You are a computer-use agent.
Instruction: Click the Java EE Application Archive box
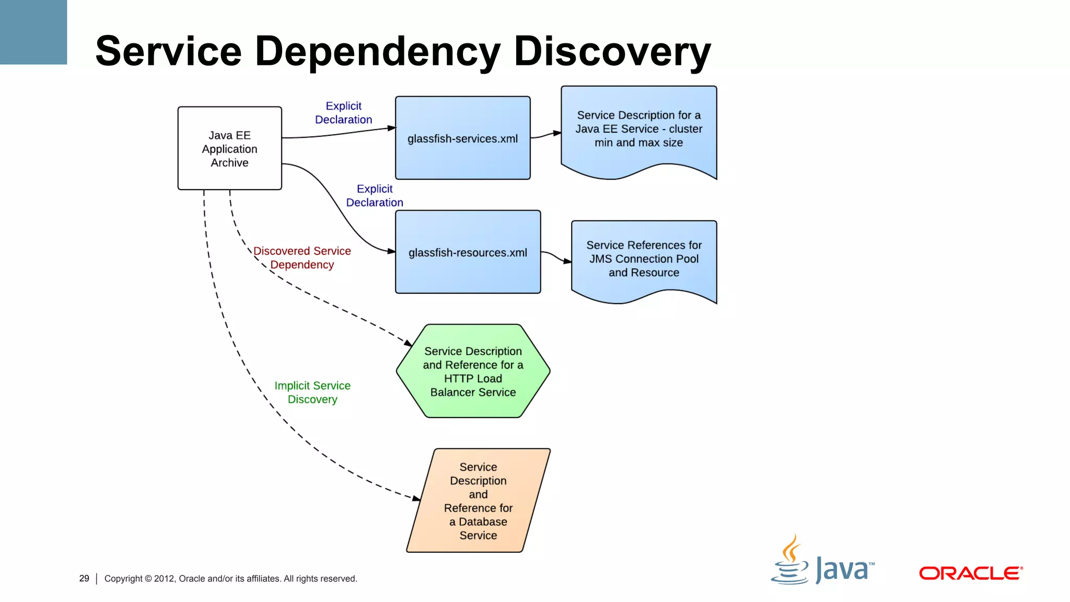[x=229, y=148]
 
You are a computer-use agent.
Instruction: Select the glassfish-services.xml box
[x=462, y=138]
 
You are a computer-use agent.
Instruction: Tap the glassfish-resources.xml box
[x=468, y=252]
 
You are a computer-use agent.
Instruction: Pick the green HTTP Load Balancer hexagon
[x=473, y=371]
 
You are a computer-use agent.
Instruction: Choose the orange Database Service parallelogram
[x=478, y=500]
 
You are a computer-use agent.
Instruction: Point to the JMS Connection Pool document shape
[x=644, y=259]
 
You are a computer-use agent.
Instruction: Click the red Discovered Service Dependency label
[x=302, y=258]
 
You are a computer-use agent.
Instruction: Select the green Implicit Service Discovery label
[x=312, y=392]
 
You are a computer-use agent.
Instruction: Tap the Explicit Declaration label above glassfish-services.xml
[x=343, y=113]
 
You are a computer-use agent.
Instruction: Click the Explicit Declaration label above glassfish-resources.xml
[x=375, y=195]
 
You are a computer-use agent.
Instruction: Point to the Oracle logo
[x=970, y=573]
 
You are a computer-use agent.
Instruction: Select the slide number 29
[x=84, y=578]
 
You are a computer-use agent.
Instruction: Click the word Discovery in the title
[x=612, y=51]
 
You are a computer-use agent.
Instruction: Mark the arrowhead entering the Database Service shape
[x=416, y=499]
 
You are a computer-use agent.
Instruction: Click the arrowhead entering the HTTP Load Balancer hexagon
[x=408, y=343]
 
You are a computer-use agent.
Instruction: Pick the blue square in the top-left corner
[x=33, y=32]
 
